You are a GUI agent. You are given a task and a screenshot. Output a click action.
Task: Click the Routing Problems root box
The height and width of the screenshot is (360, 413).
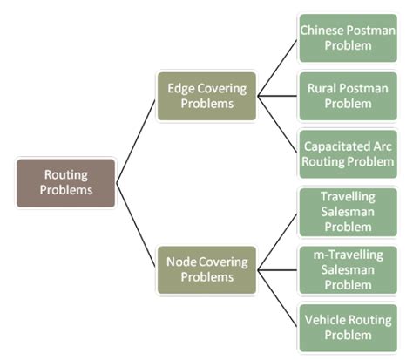pos(65,182)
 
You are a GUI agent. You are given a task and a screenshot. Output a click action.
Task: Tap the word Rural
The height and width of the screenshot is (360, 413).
pos(322,88)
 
